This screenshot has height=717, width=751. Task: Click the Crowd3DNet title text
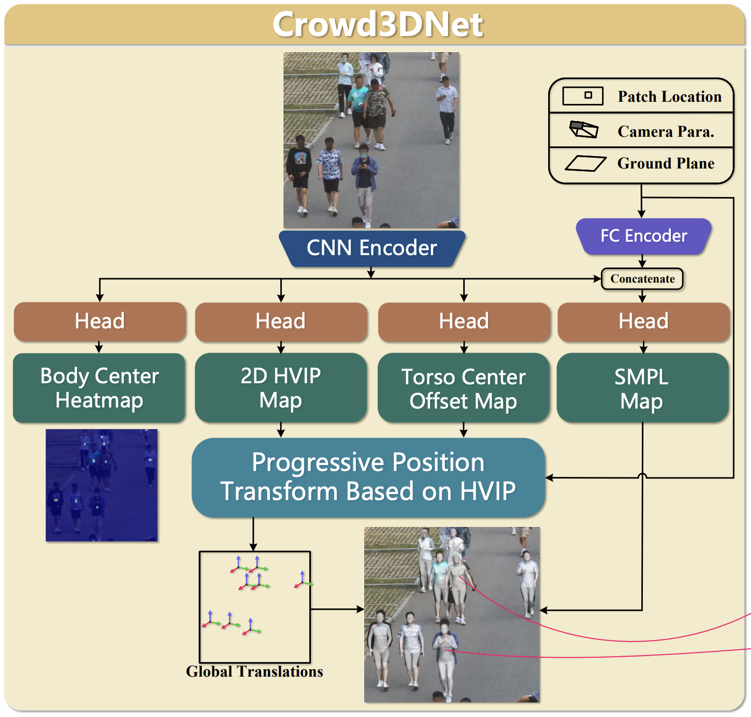click(378, 24)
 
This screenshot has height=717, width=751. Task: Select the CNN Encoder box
click(372, 248)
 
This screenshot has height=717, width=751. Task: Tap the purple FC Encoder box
click(643, 236)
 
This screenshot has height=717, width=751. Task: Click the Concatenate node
click(642, 279)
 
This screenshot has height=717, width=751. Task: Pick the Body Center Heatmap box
click(99, 388)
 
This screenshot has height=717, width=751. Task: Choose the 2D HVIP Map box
click(281, 388)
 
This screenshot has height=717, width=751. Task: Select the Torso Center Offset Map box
click(463, 388)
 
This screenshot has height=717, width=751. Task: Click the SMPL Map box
click(642, 388)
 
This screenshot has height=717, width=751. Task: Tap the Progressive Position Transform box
click(369, 477)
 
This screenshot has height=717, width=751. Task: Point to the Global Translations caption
click(254, 672)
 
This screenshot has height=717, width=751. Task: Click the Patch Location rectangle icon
click(583, 96)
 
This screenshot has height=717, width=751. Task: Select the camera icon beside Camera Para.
click(583, 129)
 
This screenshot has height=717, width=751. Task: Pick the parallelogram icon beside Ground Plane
click(585, 163)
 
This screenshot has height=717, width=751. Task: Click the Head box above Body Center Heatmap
click(100, 321)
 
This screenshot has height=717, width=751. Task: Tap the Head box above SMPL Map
click(643, 321)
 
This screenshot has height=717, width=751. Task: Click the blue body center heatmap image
click(102, 485)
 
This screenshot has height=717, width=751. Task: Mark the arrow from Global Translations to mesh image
click(337, 609)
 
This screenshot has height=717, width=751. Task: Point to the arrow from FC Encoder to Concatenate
click(642, 261)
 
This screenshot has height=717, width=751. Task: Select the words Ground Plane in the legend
click(666, 163)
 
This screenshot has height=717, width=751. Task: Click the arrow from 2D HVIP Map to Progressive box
click(281, 430)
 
